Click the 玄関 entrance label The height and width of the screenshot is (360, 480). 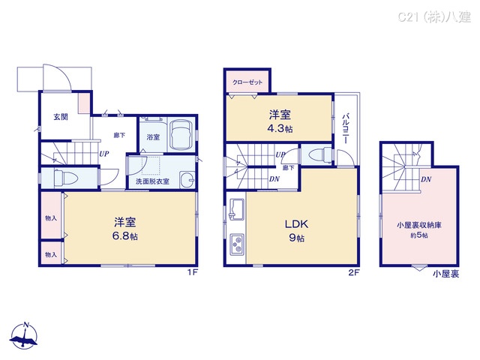60,116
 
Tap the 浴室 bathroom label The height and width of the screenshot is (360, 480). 153,137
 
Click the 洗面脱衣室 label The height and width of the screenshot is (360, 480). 152,181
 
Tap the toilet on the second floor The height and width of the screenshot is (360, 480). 318,155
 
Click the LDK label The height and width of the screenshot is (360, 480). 293,223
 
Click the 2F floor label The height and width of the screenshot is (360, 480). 354,272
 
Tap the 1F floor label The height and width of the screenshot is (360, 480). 193,272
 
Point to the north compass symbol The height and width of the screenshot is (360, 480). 25,337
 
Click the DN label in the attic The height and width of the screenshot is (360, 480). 425,178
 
